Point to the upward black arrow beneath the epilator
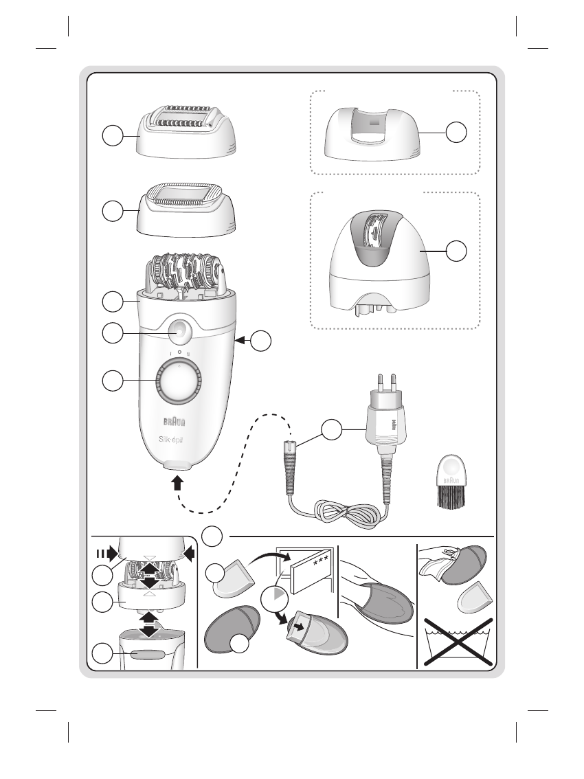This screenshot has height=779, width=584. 177,484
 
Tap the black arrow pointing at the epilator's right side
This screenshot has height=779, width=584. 241,339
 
